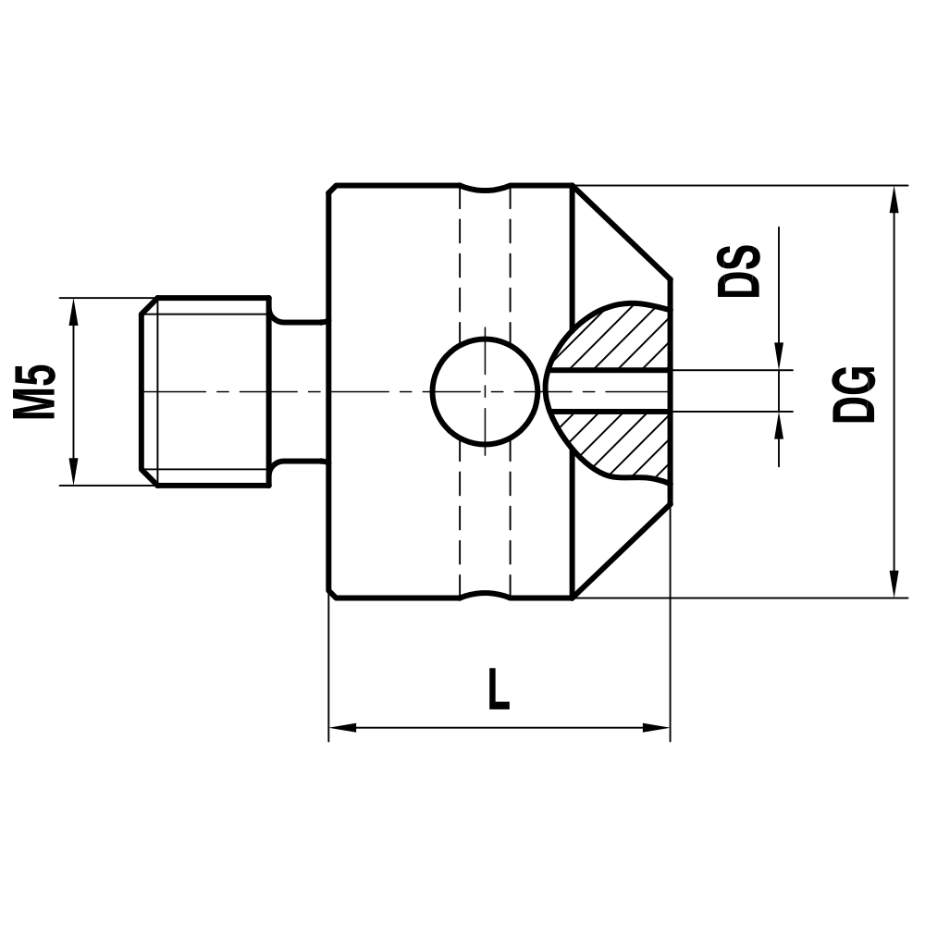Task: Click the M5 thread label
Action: (35, 391)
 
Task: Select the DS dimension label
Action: (740, 271)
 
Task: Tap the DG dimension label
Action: (853, 394)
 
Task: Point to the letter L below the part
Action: (499, 691)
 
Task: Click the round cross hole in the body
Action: (485, 391)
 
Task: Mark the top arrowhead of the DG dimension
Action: (894, 199)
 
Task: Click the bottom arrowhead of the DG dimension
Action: (894, 585)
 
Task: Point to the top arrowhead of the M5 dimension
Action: (73, 311)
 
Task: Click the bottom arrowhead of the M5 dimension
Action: (73, 472)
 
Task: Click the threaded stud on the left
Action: (205, 391)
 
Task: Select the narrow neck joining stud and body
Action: (298, 391)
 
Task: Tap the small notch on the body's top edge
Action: (485, 190)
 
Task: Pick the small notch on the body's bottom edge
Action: (485, 594)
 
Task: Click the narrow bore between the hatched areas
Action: (610, 391)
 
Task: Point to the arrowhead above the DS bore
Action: (779, 357)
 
